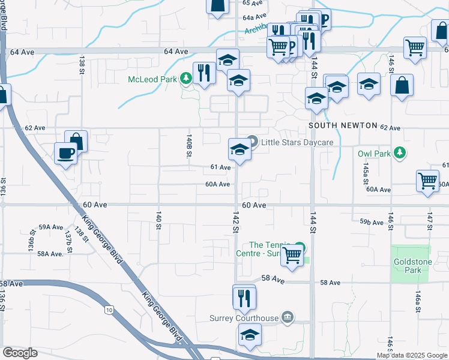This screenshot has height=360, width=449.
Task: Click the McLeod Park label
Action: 154,79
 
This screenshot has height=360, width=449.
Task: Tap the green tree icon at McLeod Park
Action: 186,79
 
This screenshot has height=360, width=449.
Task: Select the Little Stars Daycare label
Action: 297,143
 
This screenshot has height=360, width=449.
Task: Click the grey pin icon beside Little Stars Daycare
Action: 253,142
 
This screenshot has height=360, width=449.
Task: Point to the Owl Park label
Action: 374,154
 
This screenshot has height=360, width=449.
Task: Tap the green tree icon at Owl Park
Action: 399,154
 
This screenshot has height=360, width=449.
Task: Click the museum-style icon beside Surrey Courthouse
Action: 288,317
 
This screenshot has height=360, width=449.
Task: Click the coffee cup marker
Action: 65,153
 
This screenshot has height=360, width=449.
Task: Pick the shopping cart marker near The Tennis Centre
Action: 292,254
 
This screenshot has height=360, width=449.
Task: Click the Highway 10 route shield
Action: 109,310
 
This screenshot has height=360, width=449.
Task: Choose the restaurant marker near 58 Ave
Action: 244,297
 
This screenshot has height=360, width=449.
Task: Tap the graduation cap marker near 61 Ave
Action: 240,149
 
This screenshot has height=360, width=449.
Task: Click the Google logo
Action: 20,353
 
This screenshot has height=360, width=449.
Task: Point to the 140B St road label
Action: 188,146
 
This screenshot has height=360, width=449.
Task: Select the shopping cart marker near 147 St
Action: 427,180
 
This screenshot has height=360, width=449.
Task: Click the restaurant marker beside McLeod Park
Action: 204,73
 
